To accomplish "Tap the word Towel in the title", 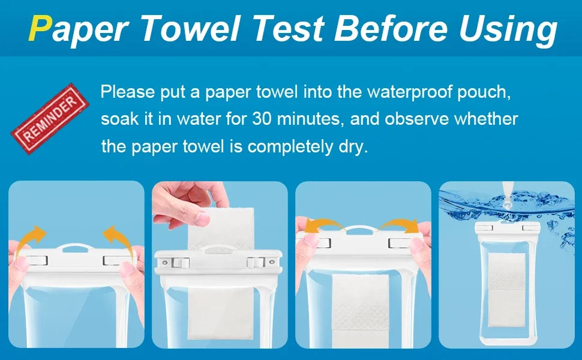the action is (191, 28).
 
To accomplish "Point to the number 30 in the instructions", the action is (262, 119).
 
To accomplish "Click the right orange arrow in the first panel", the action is (118, 239).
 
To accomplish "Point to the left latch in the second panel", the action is (181, 263).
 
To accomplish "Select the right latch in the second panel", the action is (256, 262).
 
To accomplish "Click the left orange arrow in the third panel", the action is (323, 225).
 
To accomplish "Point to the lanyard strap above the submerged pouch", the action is (507, 195).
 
